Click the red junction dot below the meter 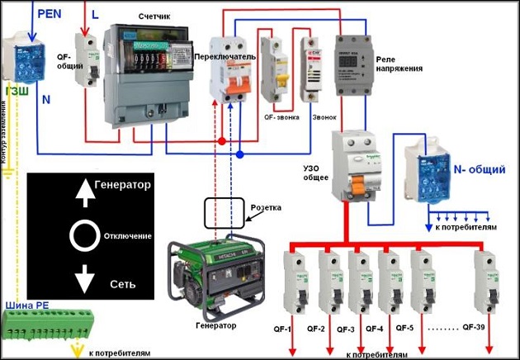[x=222, y=142]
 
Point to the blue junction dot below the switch [x=239, y=154]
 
